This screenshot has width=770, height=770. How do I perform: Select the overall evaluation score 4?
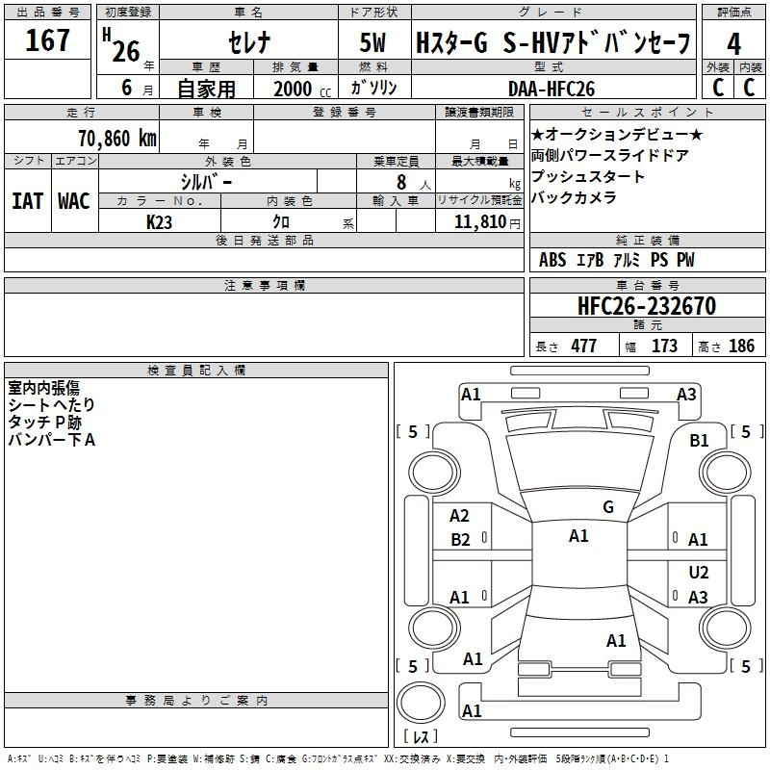tap(734, 44)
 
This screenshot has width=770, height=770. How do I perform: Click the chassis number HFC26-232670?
tap(646, 307)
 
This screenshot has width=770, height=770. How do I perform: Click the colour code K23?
tap(160, 221)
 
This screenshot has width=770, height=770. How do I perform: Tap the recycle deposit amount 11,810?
tap(478, 222)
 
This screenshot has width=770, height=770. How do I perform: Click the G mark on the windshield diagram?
tap(607, 507)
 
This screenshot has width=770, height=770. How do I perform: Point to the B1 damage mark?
tap(699, 440)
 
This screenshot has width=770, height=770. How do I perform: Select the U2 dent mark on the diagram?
tap(699, 573)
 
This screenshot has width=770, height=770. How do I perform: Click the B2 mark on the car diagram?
tap(460, 540)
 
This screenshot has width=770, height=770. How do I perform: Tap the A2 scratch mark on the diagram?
tap(460, 517)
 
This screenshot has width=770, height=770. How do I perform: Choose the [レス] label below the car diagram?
tap(420, 737)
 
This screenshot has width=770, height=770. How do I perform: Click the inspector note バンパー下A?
tap(52, 440)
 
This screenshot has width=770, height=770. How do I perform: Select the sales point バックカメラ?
tap(574, 198)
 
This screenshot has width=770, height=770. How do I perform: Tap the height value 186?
tap(742, 346)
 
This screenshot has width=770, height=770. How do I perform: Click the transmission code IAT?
tap(27, 200)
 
